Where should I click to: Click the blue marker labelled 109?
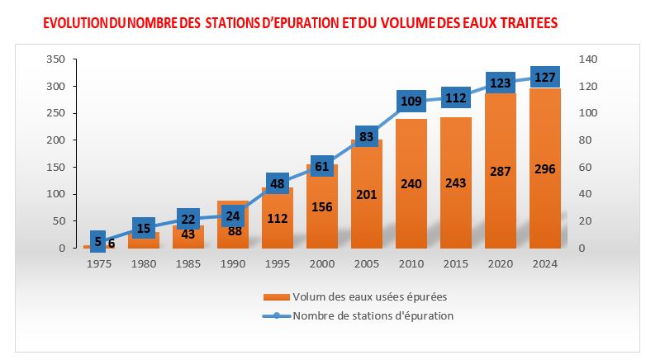[x=411, y=102]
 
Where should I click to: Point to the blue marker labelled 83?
[x=366, y=136]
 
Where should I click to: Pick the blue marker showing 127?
[x=544, y=78]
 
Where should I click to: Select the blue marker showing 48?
[x=277, y=183]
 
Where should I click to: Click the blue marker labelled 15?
[x=143, y=228]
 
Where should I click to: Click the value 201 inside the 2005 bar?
[x=366, y=195]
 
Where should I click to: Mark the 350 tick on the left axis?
[x=55, y=59]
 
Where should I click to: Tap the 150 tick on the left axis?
[x=55, y=168]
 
